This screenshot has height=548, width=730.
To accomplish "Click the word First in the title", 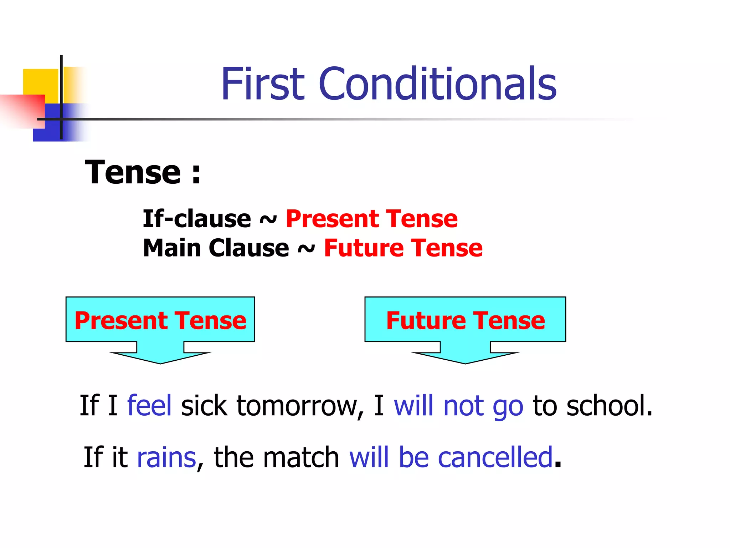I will tap(263, 84).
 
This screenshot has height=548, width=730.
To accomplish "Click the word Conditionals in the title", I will tap(438, 84).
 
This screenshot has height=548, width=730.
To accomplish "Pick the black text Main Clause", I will tap(216, 248).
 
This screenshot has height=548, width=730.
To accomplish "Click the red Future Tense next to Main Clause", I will tap(403, 248).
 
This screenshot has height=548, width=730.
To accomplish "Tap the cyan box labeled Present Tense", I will tap(160, 320).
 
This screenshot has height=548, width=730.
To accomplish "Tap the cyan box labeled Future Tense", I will tap(465, 320).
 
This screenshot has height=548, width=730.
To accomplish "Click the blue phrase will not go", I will tap(458, 406).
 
